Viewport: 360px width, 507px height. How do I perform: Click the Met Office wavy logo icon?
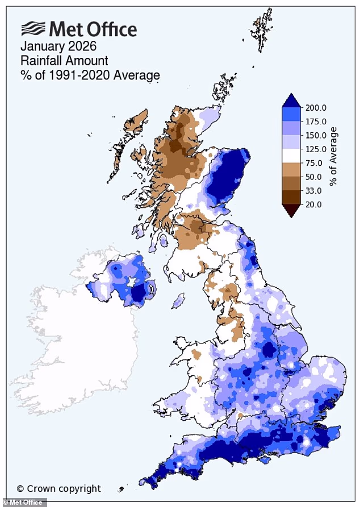tap(33, 28)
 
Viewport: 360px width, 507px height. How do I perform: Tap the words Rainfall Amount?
tap(64, 61)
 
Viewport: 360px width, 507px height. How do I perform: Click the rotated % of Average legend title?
tap(334, 156)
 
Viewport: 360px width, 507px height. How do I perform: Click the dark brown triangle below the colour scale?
tap(291, 210)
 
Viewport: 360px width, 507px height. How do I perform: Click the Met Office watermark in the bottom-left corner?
tap(23, 502)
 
